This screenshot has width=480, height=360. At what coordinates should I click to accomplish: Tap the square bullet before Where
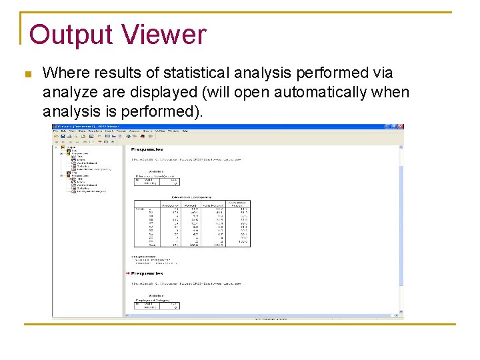[27, 74]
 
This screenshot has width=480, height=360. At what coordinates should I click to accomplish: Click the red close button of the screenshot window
[400, 126]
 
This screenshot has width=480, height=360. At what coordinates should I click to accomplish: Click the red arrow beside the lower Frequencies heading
[127, 273]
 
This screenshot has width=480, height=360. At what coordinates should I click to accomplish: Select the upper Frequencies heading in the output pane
[147, 149]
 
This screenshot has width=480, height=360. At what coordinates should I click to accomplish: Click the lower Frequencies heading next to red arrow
[147, 273]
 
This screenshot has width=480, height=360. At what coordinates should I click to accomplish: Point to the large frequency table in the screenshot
[192, 224]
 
